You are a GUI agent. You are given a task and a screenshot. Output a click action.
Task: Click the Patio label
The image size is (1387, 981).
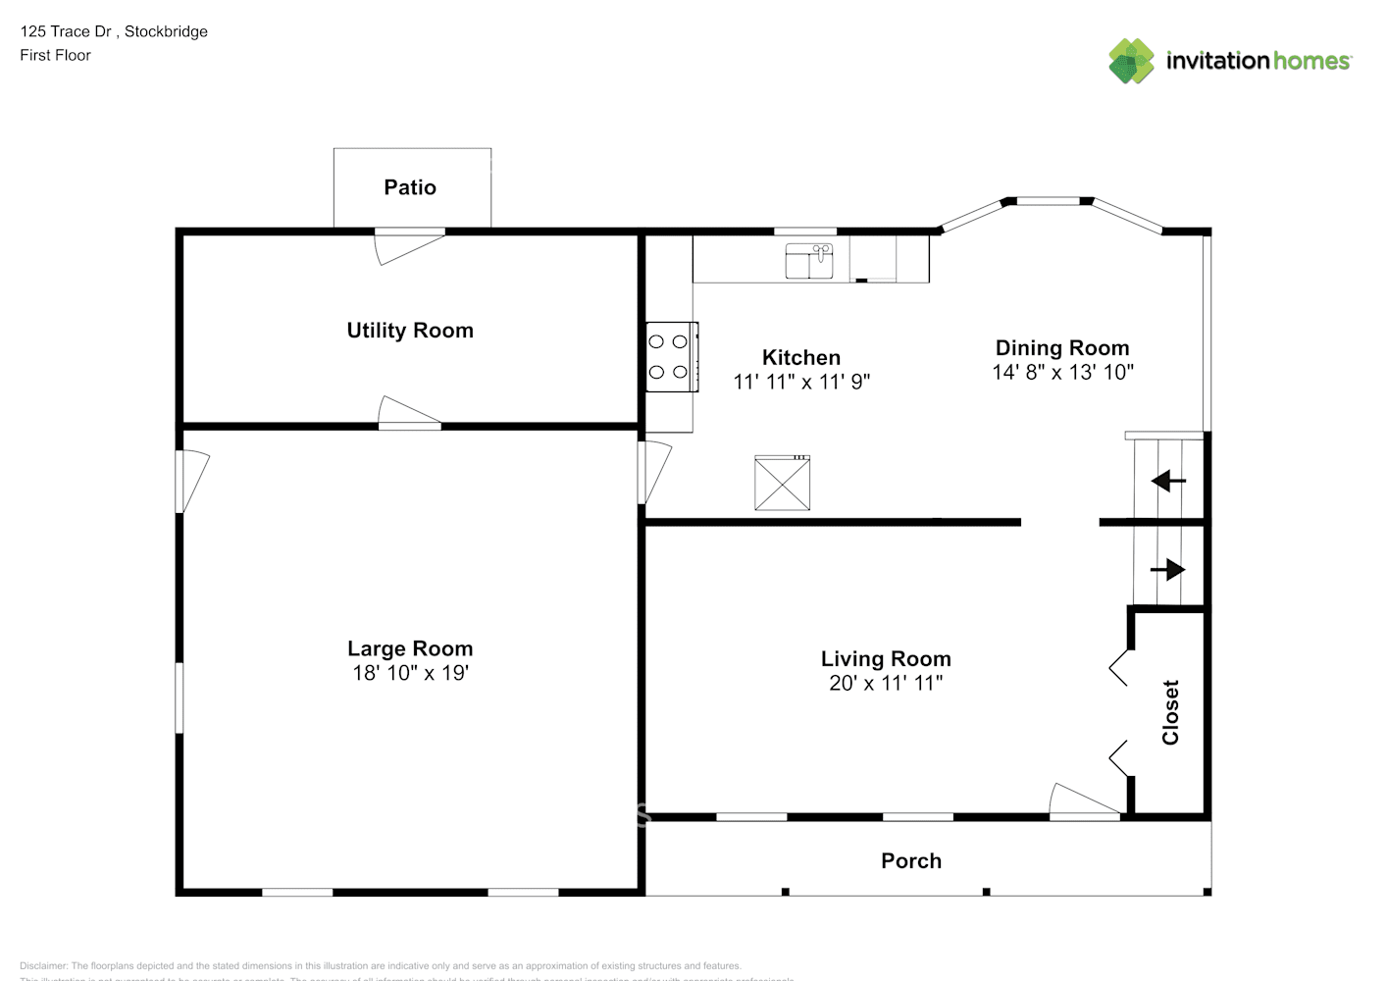coord(410,187)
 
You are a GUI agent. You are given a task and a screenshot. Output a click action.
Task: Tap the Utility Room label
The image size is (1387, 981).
coord(410,331)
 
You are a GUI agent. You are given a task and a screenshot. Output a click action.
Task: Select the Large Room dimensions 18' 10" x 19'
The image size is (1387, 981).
coord(410,673)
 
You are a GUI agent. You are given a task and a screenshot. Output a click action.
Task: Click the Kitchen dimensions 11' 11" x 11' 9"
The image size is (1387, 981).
coord(801,382)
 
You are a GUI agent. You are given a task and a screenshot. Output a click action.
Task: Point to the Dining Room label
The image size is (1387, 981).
coord(1062,348)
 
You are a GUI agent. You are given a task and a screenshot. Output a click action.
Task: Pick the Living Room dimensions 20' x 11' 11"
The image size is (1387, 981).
coord(886,683)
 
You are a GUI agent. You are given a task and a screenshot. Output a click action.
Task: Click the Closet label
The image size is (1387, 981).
coord(1170,712)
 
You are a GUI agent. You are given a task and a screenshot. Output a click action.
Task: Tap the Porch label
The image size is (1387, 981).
coord(911,861)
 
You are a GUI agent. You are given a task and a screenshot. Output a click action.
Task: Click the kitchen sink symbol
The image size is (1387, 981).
coord(809,262)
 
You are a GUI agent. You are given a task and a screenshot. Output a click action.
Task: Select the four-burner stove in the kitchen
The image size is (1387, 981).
coord(671,357)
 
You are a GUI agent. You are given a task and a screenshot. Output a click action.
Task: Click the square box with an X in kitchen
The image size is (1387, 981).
coord(782,483)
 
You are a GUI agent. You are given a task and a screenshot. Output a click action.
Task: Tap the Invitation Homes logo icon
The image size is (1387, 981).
coord(1131,61)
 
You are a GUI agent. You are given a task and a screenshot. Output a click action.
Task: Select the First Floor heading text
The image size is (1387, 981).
coord(55,55)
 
